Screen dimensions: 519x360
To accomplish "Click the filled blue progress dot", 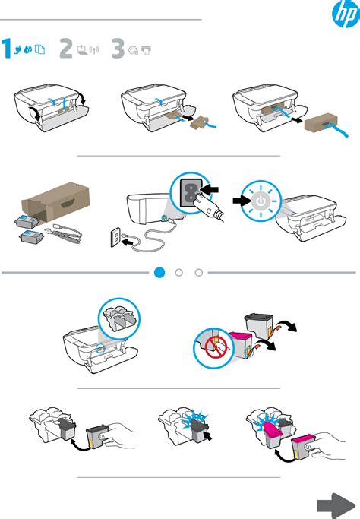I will point(159,271).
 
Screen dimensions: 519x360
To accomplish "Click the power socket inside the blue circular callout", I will point(189,195).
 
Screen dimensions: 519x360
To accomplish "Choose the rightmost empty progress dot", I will point(199,271).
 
